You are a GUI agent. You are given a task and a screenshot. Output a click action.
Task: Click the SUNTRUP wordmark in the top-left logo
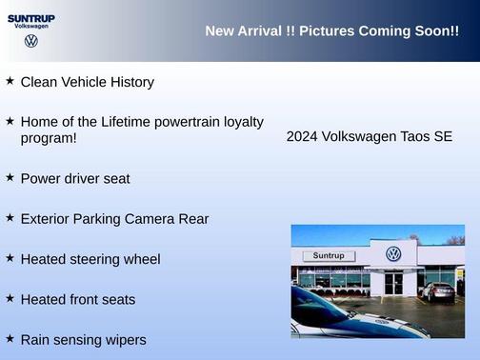(31, 17)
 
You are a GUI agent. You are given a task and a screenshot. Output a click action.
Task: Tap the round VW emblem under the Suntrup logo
(31, 42)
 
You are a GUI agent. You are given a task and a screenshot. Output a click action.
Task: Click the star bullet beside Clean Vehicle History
(10, 81)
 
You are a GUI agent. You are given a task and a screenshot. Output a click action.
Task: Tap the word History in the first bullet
(130, 82)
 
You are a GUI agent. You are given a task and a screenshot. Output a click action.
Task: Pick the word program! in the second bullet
(49, 138)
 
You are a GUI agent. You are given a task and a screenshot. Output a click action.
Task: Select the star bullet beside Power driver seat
(10, 177)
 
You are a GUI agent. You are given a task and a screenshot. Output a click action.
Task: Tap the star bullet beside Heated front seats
(10, 298)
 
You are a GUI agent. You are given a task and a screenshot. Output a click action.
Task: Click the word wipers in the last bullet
(125, 339)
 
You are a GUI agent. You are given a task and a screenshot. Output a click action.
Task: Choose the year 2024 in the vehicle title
(302, 136)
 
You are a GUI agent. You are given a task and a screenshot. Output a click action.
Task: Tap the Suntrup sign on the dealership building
(329, 256)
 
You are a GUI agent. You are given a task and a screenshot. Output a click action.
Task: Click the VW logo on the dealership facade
(393, 253)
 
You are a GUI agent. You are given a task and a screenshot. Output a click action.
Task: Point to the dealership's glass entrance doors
(393, 283)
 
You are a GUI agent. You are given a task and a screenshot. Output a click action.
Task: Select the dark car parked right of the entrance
(438, 291)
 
